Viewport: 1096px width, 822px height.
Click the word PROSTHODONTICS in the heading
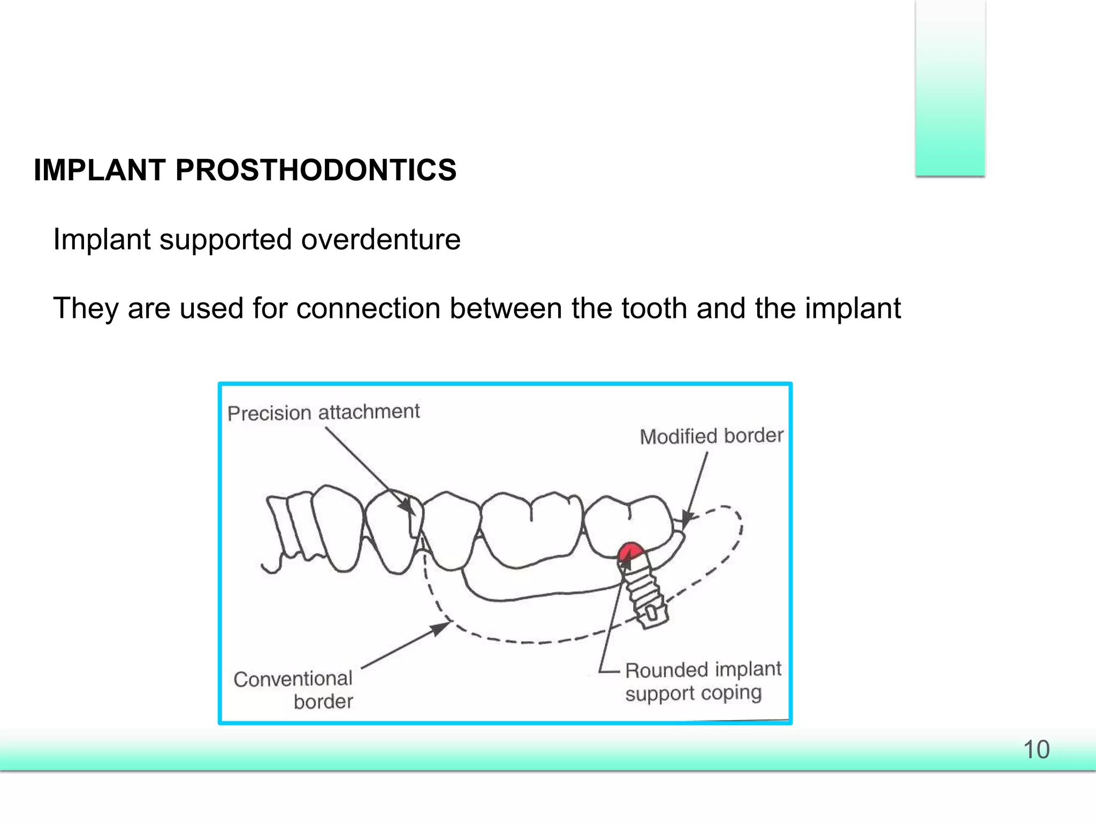click(x=316, y=170)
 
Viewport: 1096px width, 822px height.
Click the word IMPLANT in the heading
click(x=100, y=170)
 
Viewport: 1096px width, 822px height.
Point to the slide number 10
click(x=1036, y=750)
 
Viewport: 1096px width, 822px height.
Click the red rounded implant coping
click(x=630, y=551)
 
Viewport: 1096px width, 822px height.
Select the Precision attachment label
click(x=323, y=413)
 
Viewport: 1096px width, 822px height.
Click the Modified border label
click(x=711, y=436)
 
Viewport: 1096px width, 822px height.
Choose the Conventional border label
click(x=294, y=690)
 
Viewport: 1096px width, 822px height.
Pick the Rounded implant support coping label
click(x=703, y=681)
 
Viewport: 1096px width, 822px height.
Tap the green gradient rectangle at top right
click(x=950, y=88)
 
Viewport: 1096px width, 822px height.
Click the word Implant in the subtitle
click(x=102, y=239)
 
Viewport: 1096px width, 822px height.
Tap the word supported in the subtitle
click(x=225, y=239)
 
